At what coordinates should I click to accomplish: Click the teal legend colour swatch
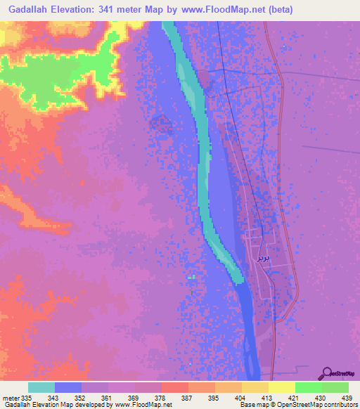pyautogui.click(x=41, y=387)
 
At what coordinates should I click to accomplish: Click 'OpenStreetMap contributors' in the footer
pyautogui.click(x=319, y=405)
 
